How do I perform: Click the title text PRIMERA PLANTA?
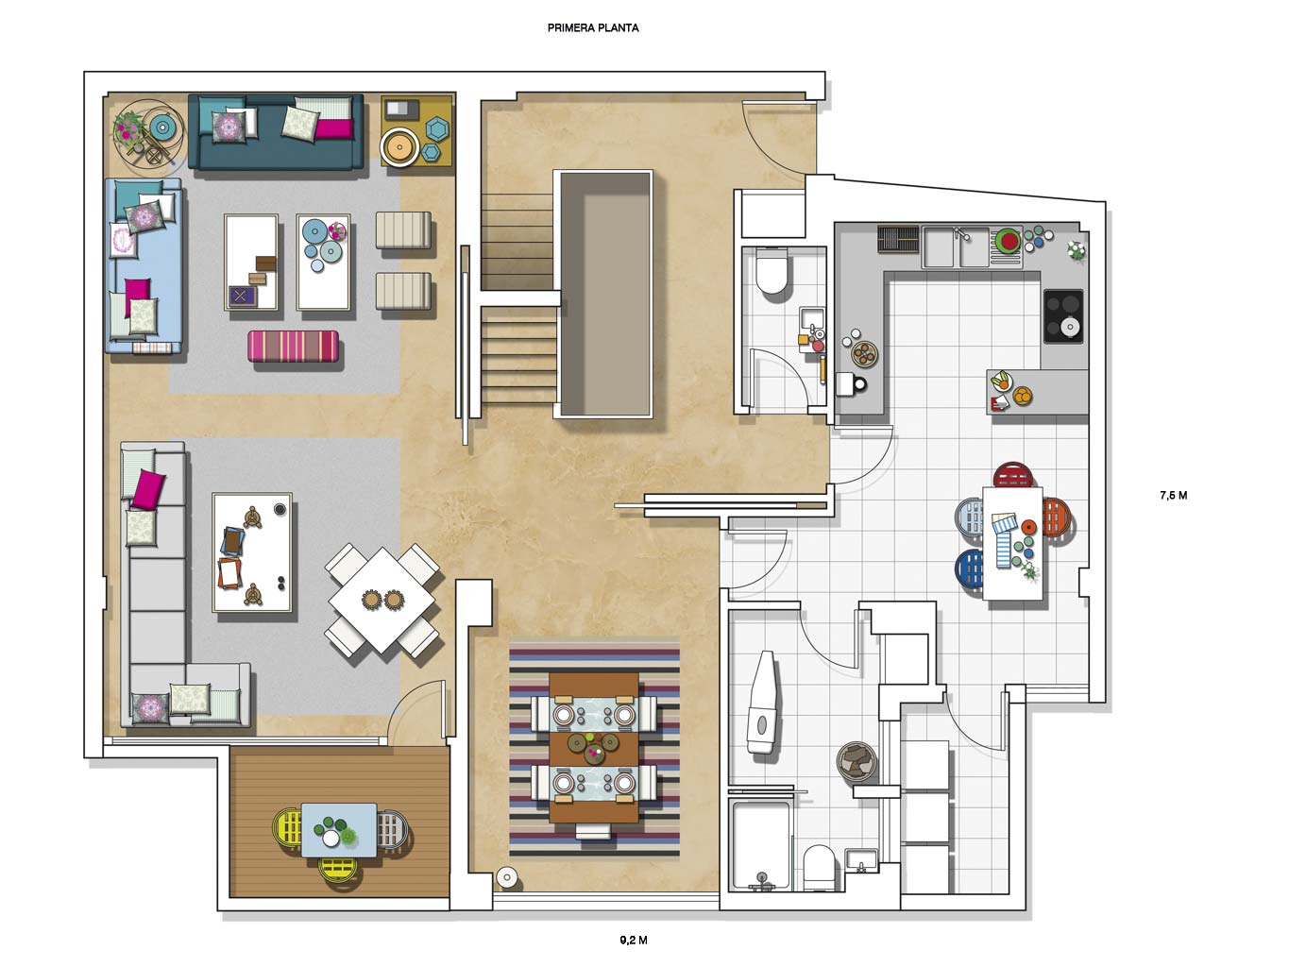pos(592,27)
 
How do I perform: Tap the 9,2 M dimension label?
pos(633,940)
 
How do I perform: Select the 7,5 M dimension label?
pos(1173,495)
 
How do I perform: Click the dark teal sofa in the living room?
pos(276,131)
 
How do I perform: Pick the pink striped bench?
pos(293,346)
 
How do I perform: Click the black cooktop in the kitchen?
pos(1063,316)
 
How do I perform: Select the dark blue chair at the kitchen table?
pos(970,568)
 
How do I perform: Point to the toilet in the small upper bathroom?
pos(772,271)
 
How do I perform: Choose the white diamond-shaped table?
pos(382,600)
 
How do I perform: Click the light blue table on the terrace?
pos(339,830)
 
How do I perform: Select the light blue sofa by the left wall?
pos(144,266)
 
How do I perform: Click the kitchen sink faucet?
pos(961,233)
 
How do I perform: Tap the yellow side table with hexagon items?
pos(417,131)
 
